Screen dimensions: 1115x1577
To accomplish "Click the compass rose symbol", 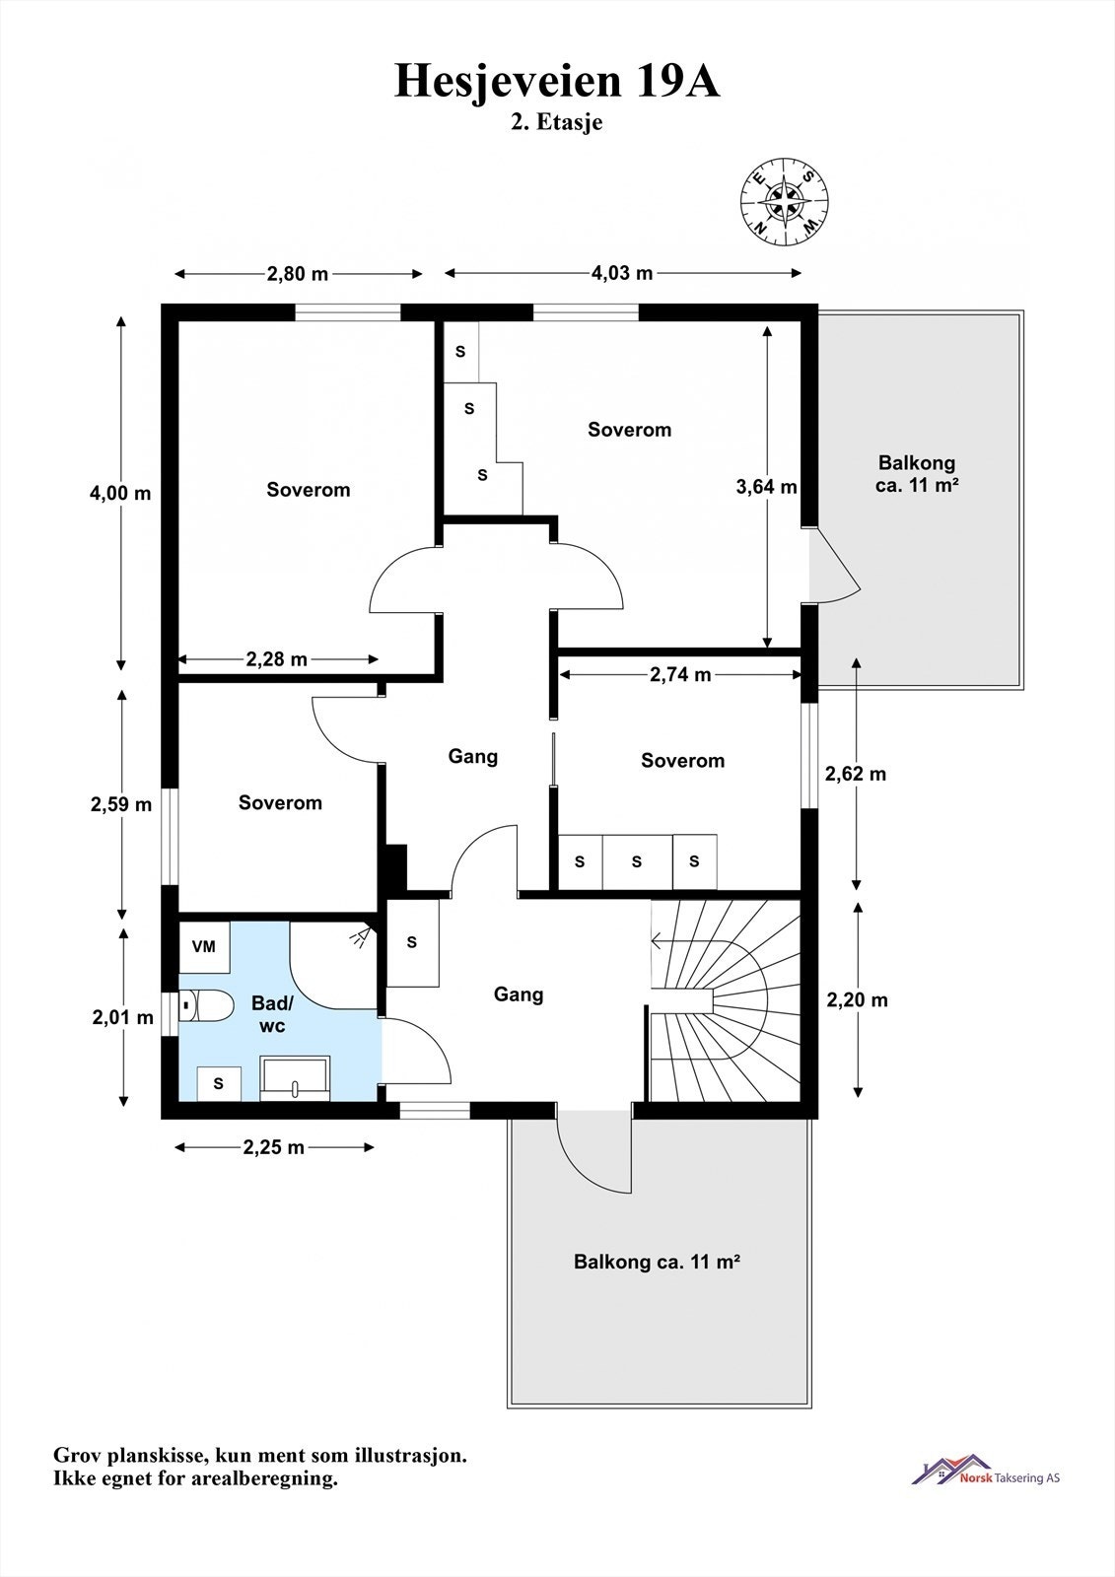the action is pyautogui.click(x=784, y=201).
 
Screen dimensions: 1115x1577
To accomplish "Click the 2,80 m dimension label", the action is pyautogui.click(x=298, y=274).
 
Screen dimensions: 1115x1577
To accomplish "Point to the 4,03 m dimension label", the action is pyautogui.click(x=622, y=273).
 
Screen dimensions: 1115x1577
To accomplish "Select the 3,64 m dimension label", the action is pyautogui.click(x=766, y=487).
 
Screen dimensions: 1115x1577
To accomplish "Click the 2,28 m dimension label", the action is pyautogui.click(x=276, y=659).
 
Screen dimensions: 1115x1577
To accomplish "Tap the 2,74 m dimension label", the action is pyautogui.click(x=680, y=674).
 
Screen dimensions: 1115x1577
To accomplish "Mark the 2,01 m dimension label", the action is pyautogui.click(x=122, y=1016).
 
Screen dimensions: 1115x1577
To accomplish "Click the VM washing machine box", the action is pyautogui.click(x=204, y=947).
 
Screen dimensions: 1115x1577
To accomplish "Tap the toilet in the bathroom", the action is pyautogui.click(x=206, y=1005).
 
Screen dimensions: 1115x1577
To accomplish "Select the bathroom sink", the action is pyautogui.click(x=295, y=1078).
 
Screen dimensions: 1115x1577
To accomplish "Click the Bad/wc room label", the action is pyautogui.click(x=272, y=1014).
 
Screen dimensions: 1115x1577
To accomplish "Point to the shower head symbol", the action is pyautogui.click(x=364, y=936).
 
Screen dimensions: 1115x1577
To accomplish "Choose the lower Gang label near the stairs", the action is pyautogui.click(x=519, y=994).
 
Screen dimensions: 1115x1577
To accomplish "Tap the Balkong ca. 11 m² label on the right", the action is pyautogui.click(x=917, y=474).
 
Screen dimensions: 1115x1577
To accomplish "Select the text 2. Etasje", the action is pyautogui.click(x=556, y=122).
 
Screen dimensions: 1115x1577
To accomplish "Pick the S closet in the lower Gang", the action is pyautogui.click(x=413, y=942).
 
